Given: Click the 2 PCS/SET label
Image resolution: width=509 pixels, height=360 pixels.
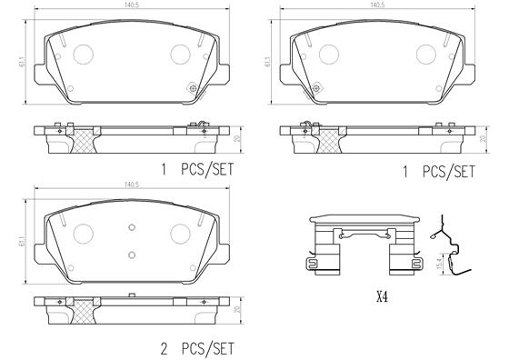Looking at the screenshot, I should click(x=197, y=346).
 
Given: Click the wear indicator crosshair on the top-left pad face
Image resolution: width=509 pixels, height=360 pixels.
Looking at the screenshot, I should click(x=192, y=88).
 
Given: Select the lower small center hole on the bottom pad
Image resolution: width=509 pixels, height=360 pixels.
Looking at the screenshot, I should click(x=132, y=254).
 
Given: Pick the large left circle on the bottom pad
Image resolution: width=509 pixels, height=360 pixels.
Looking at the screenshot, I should click(x=84, y=233).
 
